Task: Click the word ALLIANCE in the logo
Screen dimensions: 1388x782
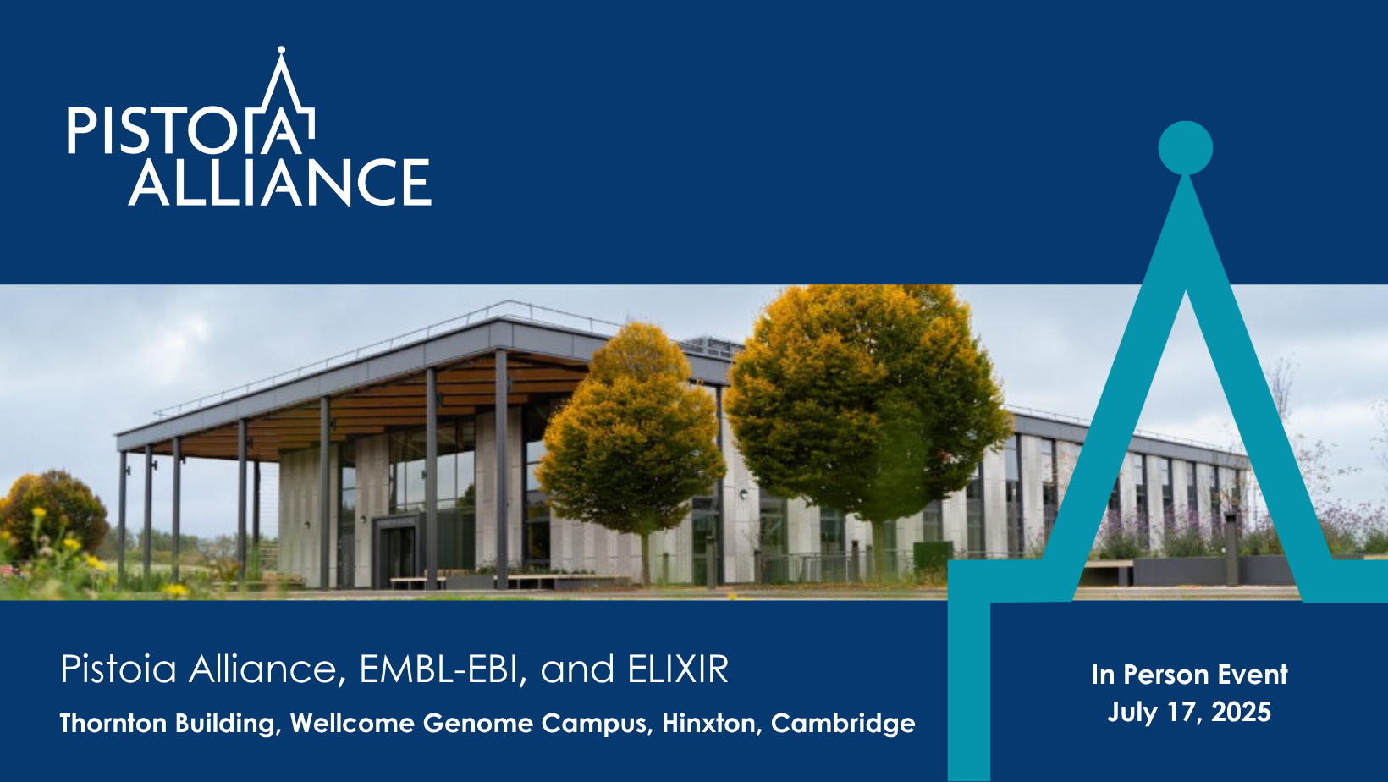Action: click(279, 182)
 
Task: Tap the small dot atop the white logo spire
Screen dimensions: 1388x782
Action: click(281, 50)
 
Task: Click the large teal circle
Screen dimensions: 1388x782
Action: click(1186, 148)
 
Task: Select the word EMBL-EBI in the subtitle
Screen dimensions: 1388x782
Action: click(438, 669)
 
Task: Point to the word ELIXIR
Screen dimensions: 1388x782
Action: click(678, 669)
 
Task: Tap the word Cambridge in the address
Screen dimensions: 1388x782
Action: click(843, 724)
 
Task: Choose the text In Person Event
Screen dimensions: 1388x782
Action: click(1189, 675)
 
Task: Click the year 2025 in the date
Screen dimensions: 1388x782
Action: click(1241, 712)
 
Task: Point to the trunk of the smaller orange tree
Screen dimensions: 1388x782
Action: click(646, 559)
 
